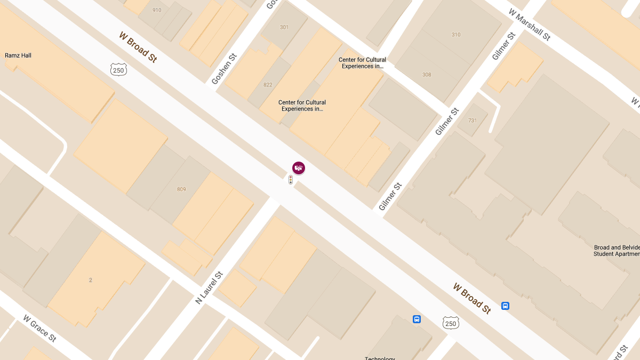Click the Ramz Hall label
pos(18,55)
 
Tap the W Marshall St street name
pos(529,25)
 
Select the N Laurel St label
pos(209,287)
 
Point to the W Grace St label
pos(39,328)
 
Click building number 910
pos(157,10)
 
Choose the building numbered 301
pos(284,27)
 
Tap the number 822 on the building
pos(268,85)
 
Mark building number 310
pos(455,35)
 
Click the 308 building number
pos(427,75)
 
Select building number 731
pos(473,121)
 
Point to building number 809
pos(181,189)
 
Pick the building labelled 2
pos(90,280)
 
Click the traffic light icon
pos(291,180)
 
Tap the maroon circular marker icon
pos(299,168)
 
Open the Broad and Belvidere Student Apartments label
pos(616,251)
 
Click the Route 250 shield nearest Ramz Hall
pos(118,69)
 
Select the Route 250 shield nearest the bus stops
pos(451,323)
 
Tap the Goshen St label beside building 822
pos(223,68)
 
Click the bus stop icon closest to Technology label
pos(417,319)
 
